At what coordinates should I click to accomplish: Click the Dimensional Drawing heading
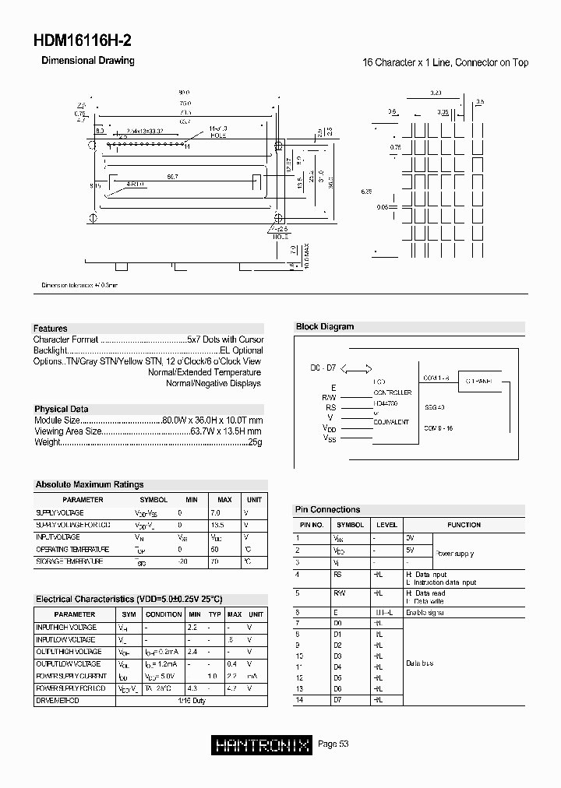87,61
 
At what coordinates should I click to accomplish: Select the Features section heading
51,329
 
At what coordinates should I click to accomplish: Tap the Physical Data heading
62,409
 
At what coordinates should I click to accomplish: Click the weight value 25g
256,442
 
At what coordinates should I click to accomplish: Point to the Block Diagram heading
325,327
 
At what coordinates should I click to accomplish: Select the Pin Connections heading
328,509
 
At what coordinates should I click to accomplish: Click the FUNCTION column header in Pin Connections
464,525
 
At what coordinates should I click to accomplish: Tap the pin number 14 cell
298,700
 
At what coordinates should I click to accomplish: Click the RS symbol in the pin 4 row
337,575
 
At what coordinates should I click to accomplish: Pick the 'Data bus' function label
419,663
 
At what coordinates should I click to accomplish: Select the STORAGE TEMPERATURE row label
69,561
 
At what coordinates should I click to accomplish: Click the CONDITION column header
164,614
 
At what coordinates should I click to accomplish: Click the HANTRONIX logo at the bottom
262,744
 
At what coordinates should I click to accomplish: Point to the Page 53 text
333,744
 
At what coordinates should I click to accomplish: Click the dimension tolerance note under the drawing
79,286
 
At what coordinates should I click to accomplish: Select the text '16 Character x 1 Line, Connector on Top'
445,62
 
